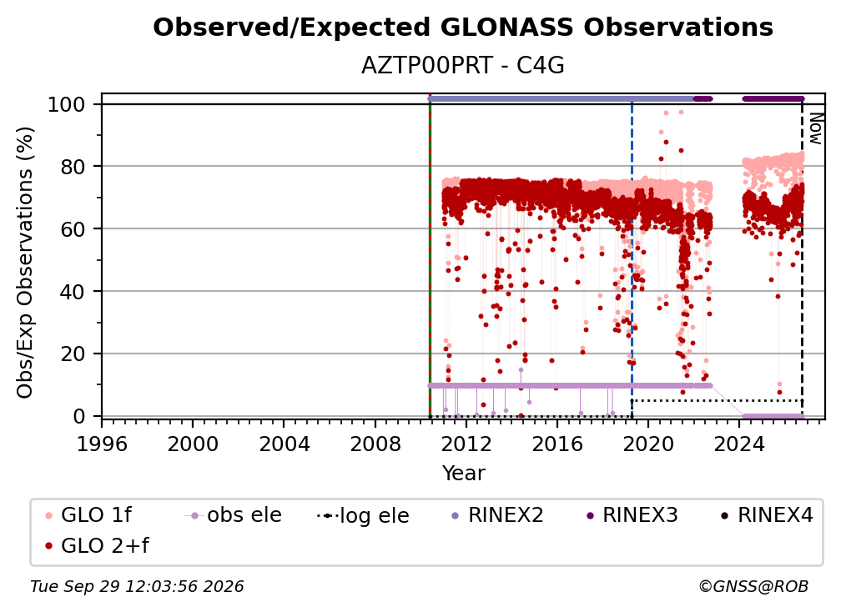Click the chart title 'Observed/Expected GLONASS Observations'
pos(463,28)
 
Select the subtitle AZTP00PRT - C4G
pos(463,66)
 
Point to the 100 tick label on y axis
pos(67,104)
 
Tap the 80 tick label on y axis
pos(73,167)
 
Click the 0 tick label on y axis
pos(79,416)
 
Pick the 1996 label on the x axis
pos(102,444)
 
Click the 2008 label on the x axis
pos(375,444)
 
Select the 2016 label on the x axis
pos(557,444)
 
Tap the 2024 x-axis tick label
pos(739,444)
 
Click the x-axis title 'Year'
pos(463,474)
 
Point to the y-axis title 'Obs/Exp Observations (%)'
pos(25,262)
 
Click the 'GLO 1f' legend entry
pos(88,515)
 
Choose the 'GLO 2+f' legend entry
pos(97,546)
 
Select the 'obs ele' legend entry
pos(233,515)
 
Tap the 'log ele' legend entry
pos(363,515)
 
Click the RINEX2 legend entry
pos(497,515)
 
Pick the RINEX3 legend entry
pos(632,515)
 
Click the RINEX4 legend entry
pos(767,515)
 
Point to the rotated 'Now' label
pos(815,128)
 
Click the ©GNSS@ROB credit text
pos(753,587)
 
